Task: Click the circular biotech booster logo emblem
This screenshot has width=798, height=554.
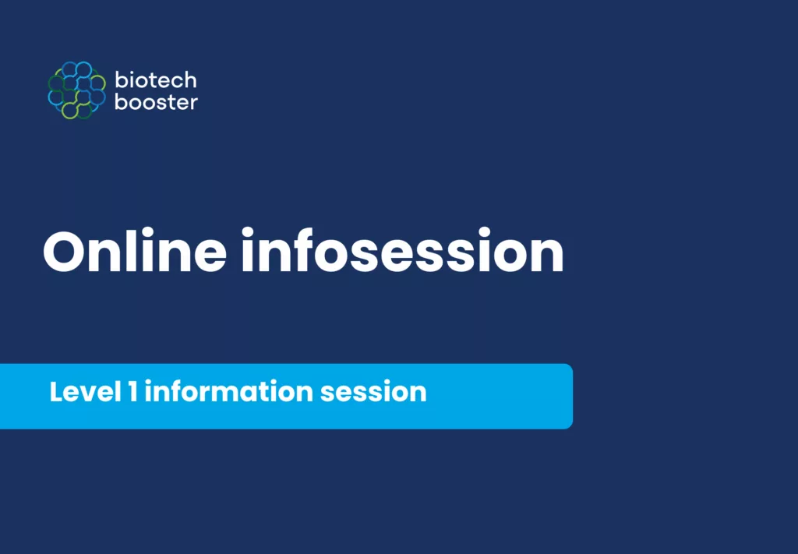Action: [x=77, y=90]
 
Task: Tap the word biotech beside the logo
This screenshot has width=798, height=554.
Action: [x=156, y=80]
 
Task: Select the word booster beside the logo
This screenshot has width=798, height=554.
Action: [x=156, y=102]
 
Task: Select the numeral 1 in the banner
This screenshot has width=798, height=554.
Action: [x=132, y=392]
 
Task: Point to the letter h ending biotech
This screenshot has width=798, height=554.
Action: [x=190, y=80]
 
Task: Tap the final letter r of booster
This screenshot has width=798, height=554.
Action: [x=193, y=104]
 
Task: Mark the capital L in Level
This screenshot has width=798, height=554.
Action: [x=56, y=392]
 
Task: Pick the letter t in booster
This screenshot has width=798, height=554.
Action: [x=165, y=102]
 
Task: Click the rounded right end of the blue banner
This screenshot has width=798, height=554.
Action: [x=568, y=397]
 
